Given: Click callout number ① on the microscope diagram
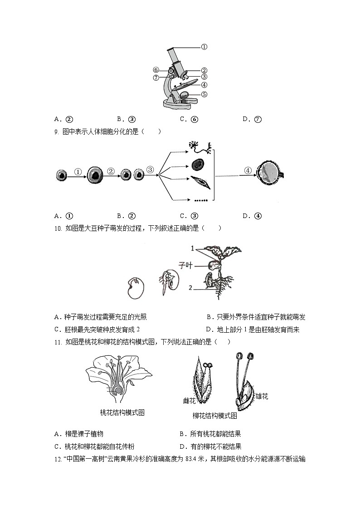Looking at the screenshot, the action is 204,47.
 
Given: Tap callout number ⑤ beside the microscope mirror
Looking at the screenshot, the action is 204,94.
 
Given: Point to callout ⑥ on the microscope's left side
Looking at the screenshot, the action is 156,70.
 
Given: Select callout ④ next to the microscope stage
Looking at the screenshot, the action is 204,85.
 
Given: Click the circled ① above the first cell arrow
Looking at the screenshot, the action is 78,172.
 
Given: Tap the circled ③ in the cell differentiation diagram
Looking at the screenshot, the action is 150,170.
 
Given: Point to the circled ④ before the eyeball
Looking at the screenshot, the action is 248,170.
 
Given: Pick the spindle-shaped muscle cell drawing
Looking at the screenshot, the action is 200,182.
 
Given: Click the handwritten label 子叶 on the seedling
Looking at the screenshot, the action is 185,265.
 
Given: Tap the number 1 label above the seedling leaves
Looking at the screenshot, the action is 193,249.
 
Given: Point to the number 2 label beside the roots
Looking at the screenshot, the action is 190,288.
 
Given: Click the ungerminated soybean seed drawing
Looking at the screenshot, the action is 135,288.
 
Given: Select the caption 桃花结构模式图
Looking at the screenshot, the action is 122,412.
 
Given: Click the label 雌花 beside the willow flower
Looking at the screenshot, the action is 189,401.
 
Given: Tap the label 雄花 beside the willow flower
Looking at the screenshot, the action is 262,396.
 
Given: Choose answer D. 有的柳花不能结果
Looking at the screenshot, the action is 210,446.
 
